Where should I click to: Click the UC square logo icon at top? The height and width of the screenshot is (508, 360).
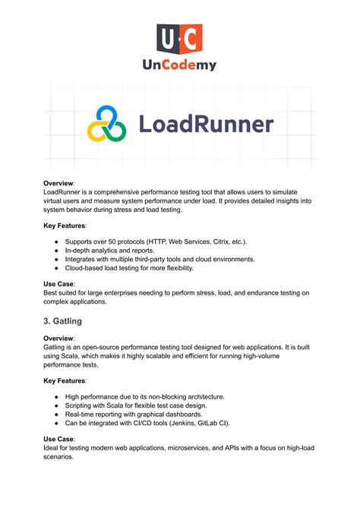179,39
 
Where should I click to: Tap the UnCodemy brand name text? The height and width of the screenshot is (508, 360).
179,65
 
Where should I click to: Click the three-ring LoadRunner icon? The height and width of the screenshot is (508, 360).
106,125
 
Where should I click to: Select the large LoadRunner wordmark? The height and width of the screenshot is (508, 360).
205,125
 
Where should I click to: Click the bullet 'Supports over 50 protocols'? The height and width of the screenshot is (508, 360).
152,241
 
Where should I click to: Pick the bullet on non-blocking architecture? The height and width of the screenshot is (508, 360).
145,396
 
